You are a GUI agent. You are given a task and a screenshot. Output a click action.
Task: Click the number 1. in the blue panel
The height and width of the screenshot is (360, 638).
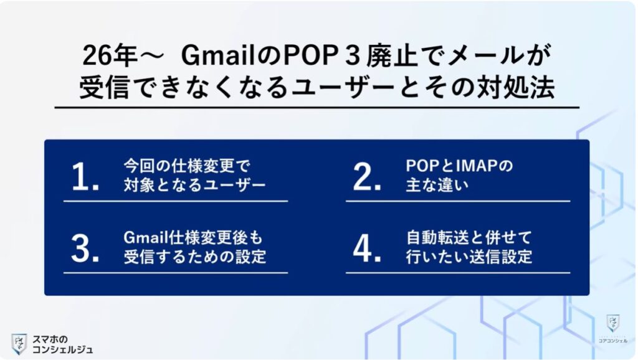click(x=85, y=179)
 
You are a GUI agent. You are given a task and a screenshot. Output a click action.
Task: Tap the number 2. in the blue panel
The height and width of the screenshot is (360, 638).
click(x=367, y=179)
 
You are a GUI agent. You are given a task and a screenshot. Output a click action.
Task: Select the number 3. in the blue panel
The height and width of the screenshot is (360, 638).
click(x=85, y=250)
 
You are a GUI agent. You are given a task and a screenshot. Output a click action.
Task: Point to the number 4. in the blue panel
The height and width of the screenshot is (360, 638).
click(x=367, y=250)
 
